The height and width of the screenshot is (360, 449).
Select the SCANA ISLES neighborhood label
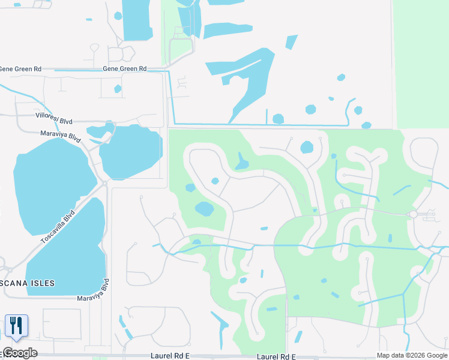[x=28, y=283]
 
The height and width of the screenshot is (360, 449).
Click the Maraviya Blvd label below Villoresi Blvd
[x=61, y=136]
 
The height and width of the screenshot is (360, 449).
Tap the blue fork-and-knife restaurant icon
[x=16, y=326]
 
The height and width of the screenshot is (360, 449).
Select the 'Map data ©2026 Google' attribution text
[x=412, y=355]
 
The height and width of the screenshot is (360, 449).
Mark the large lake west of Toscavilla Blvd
[x=51, y=183]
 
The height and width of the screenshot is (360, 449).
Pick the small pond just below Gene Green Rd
[x=118, y=89]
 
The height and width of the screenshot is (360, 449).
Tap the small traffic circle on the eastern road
[x=413, y=214]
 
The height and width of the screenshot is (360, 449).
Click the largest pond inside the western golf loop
[x=204, y=209]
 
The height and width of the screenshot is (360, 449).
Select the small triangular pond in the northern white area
[x=292, y=42]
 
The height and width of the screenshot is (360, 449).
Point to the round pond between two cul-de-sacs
[x=307, y=147]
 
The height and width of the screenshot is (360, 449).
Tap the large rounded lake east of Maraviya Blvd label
[x=131, y=152]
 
